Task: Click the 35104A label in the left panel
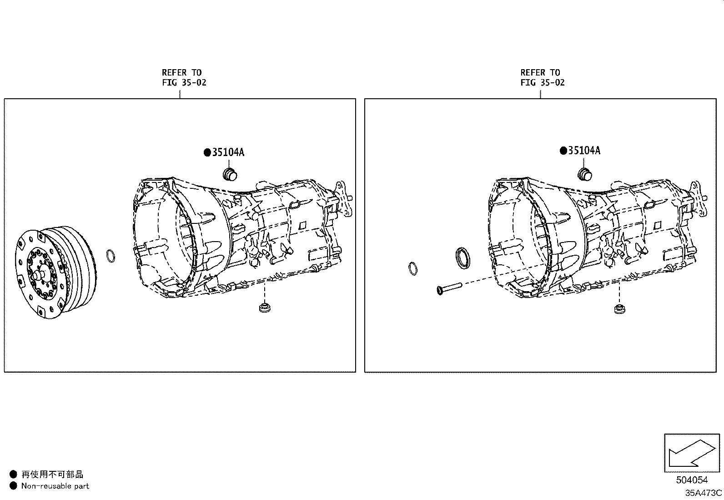(227, 152)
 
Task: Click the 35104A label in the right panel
(584, 151)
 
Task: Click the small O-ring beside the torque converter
(111, 256)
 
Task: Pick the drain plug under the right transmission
(618, 309)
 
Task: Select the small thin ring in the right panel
(413, 268)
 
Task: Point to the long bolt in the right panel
(449, 288)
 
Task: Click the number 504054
(692, 480)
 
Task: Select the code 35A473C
(703, 493)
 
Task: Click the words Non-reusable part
(55, 486)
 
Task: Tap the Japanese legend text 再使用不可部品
(52, 475)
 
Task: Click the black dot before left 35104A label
(207, 152)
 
